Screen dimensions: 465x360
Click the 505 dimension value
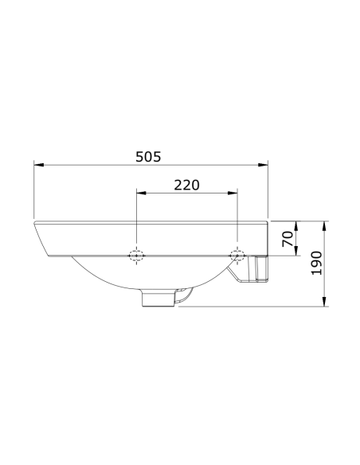[149, 157]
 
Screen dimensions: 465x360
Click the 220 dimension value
[186, 184]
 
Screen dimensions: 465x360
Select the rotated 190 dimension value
[317, 262]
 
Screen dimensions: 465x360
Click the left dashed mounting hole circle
[136, 256]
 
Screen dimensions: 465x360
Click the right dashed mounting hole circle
[237, 255]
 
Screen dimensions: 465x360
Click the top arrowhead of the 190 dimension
[326, 224]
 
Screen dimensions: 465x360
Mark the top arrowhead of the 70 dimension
[296, 224]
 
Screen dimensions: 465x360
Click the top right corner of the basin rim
[268, 220]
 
